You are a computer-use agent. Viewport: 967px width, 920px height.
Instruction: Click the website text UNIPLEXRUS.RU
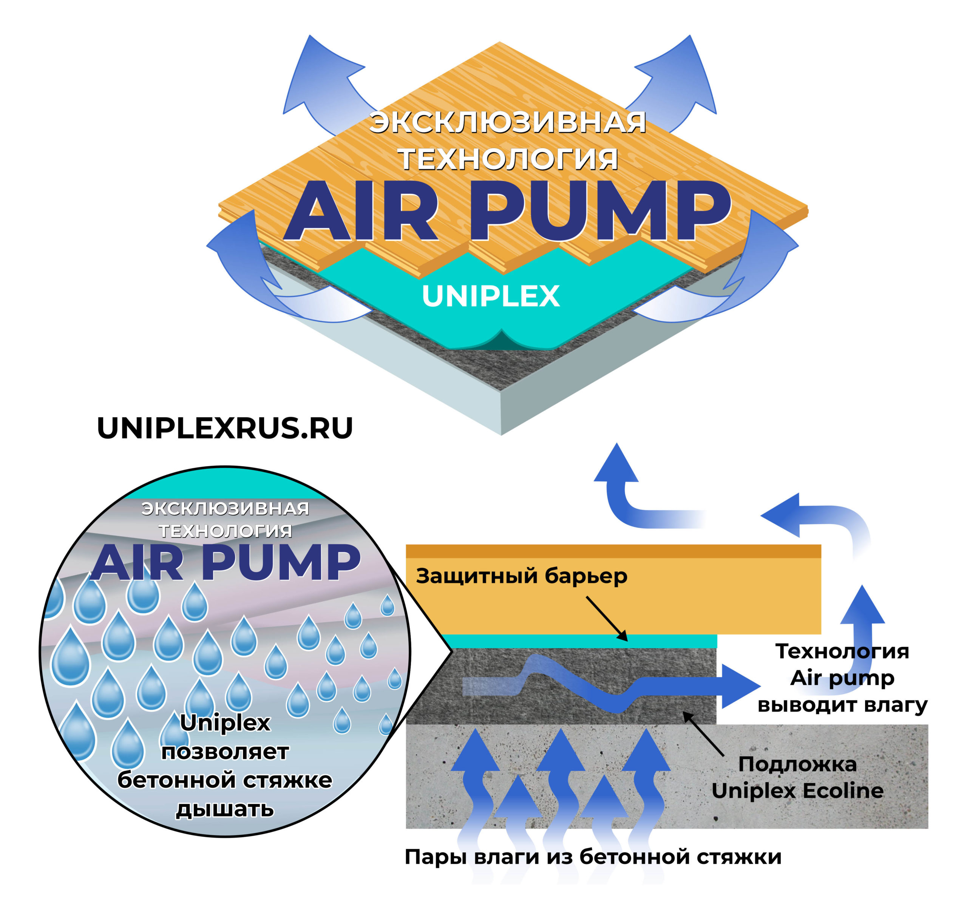(225, 429)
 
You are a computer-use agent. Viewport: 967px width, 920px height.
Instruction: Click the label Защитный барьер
(521, 577)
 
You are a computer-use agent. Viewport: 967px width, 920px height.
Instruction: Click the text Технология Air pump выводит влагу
(842, 678)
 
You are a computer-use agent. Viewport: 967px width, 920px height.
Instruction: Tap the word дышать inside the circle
(225, 810)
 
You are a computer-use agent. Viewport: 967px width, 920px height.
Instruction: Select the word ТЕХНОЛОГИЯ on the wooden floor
(508, 159)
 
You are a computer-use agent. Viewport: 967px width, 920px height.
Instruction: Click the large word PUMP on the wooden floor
(600, 211)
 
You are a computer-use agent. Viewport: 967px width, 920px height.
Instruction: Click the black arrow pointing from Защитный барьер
(607, 618)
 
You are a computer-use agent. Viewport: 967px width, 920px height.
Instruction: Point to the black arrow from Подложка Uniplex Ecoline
(703, 734)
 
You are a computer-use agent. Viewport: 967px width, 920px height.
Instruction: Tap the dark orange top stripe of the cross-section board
(613, 551)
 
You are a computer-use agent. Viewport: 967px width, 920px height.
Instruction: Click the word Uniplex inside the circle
(225, 723)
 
